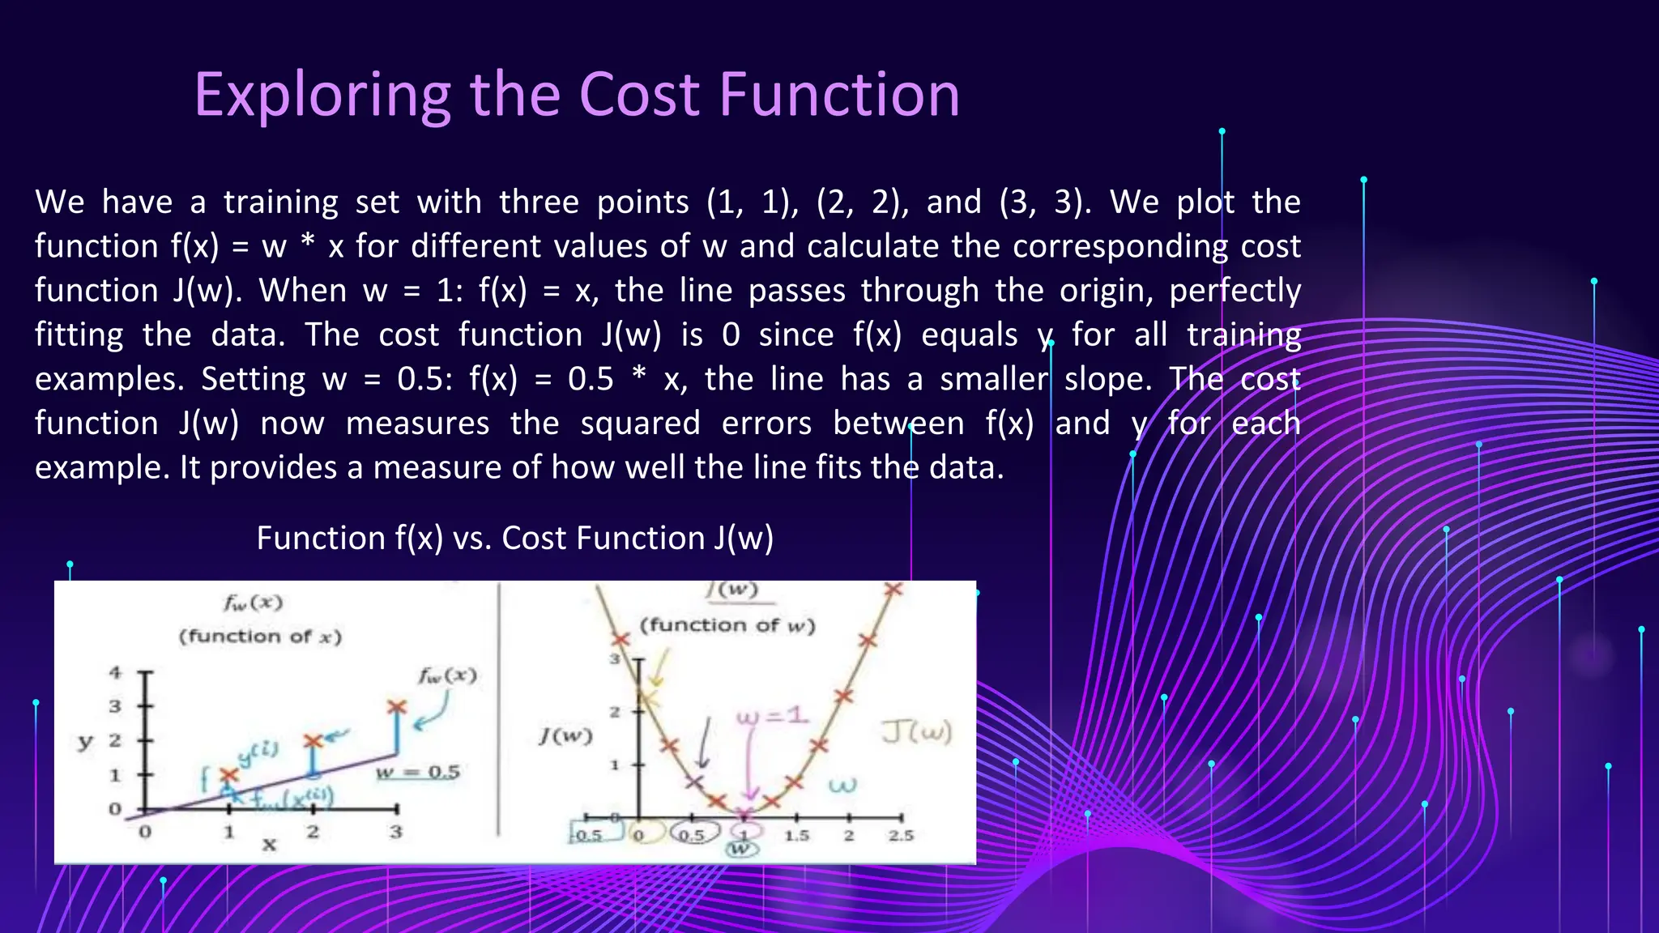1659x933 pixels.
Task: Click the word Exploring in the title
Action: coord(322,96)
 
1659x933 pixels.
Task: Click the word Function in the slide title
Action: coord(839,96)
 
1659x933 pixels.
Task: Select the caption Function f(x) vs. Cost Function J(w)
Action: coord(514,539)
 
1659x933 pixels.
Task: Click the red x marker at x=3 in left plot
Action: coord(396,708)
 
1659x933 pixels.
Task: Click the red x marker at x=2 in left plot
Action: coord(313,741)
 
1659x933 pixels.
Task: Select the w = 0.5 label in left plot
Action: coord(418,773)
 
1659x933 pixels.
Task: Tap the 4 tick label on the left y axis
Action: coord(115,672)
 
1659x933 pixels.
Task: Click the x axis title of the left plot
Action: coord(269,845)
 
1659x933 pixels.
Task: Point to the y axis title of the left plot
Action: coord(85,741)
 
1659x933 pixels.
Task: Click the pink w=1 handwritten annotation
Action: coord(772,716)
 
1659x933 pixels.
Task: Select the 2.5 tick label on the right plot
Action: coord(900,835)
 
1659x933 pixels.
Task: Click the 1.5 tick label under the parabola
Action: coord(796,835)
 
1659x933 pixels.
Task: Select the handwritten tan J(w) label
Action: coord(917,732)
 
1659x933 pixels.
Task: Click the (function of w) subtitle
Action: coord(727,625)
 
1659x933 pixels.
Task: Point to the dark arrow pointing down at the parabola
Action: coord(705,743)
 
